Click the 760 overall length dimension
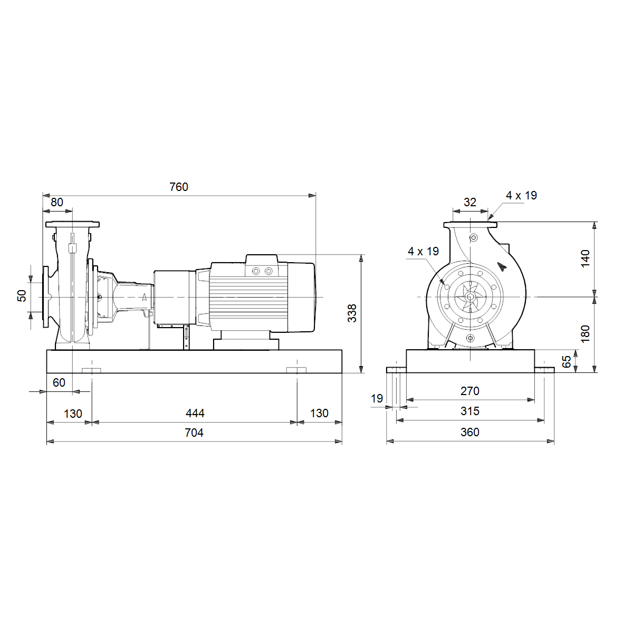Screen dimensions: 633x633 [179, 187]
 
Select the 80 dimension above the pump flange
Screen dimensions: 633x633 [57, 202]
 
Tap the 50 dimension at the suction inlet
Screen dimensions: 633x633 [22, 295]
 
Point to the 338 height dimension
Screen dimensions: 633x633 [352, 313]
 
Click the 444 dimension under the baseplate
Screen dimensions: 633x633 [195, 413]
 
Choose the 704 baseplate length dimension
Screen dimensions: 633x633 [194, 433]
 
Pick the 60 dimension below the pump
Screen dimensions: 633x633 [59, 382]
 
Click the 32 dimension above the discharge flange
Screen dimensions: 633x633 [470, 202]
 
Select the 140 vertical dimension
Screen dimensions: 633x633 [586, 258]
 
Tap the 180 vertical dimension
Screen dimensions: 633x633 [586, 334]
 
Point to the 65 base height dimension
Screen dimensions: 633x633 [567, 361]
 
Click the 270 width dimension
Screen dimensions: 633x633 [470, 391]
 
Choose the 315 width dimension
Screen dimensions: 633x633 [470, 411]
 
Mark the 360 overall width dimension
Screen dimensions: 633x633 [470, 432]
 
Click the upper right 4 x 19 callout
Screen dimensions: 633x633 [521, 196]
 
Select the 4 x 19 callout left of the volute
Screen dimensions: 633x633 [423, 251]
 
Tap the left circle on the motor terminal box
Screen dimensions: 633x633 [256, 271]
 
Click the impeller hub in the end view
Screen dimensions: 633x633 [470, 297]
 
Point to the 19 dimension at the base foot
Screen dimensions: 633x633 [377, 398]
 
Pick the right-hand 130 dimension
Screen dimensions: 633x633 [319, 413]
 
